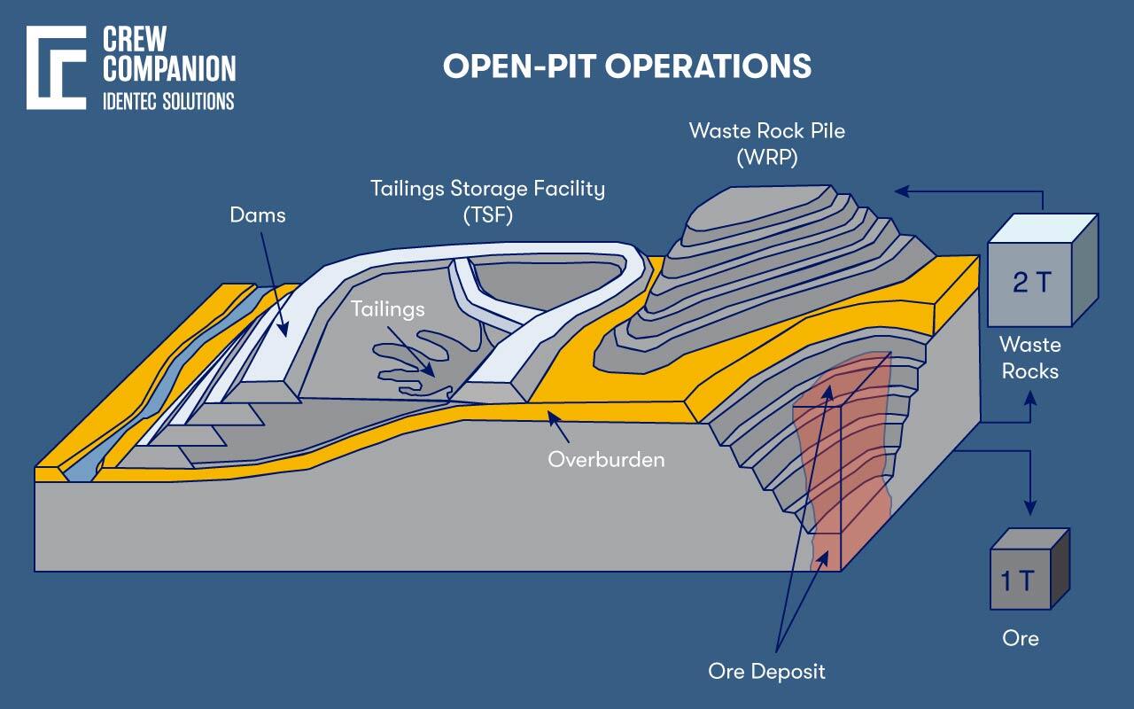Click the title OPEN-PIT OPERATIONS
(626, 66)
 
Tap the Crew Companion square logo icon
(56, 67)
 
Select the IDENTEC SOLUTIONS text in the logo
(168, 101)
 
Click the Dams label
(258, 214)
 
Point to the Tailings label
(387, 308)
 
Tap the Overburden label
(606, 459)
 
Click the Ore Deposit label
(766, 671)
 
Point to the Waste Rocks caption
(1029, 356)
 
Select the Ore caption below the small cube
(1021, 638)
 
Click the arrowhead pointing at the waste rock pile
(899, 191)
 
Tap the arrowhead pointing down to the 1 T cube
(1029, 509)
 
